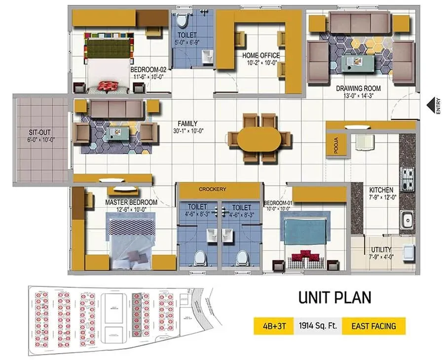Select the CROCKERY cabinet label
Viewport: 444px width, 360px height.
pos(212,189)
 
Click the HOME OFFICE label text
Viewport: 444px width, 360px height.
pos(260,56)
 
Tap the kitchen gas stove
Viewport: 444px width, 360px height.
pos(408,179)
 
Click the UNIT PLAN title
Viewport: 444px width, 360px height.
pos(334,298)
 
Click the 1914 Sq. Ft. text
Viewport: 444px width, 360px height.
pos(318,326)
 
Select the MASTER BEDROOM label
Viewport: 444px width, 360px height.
pos(131,202)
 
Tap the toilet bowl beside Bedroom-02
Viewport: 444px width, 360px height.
pos(182,20)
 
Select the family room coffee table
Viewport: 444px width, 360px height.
pos(116,132)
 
